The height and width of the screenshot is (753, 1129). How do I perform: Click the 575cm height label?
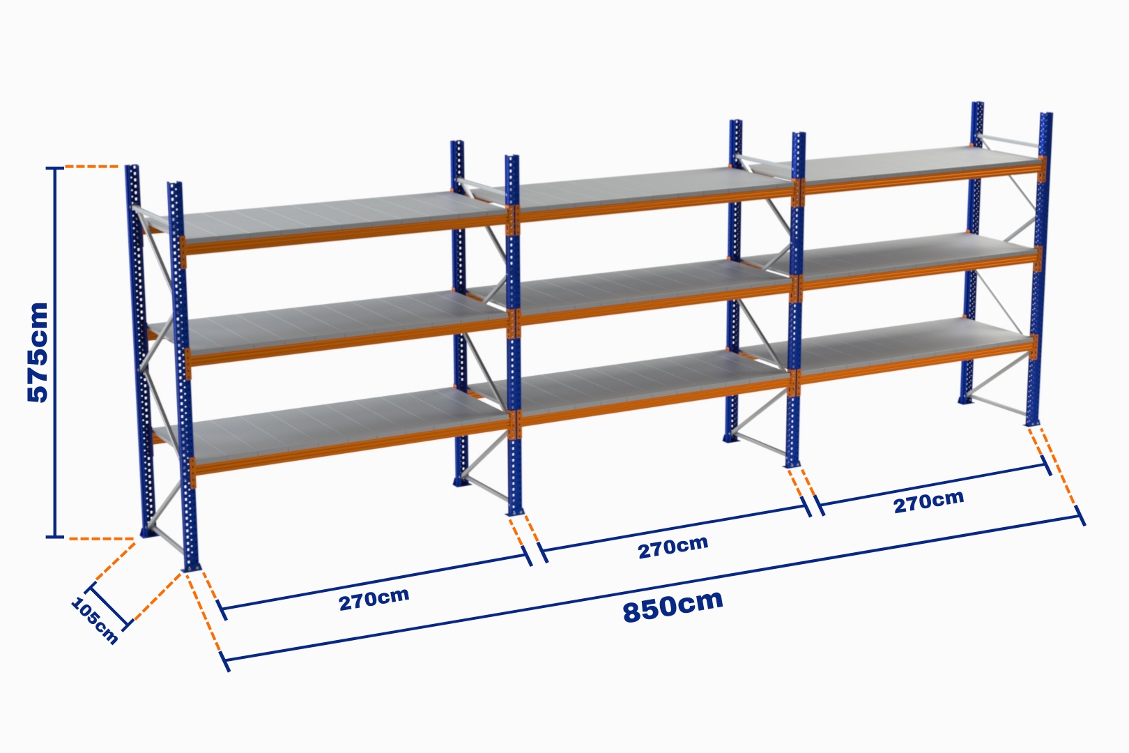click(38, 352)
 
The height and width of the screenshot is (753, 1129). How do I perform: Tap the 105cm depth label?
click(95, 621)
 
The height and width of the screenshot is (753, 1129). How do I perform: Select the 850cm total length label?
click(673, 606)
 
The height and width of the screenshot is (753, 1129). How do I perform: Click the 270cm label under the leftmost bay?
click(374, 599)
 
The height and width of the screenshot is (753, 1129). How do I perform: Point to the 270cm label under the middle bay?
click(673, 547)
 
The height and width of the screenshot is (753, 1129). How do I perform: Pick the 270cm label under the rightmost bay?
click(928, 501)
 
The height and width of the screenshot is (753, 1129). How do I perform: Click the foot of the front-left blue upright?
click(190, 567)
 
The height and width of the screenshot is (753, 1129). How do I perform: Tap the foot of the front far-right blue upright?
click(1033, 422)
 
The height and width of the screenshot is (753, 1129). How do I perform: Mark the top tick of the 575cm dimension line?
click(55, 168)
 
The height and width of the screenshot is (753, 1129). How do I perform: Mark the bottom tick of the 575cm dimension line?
click(55, 537)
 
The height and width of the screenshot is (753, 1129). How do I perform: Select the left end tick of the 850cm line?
click(224, 661)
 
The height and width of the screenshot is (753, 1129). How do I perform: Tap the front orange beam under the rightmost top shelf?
click(922, 179)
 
